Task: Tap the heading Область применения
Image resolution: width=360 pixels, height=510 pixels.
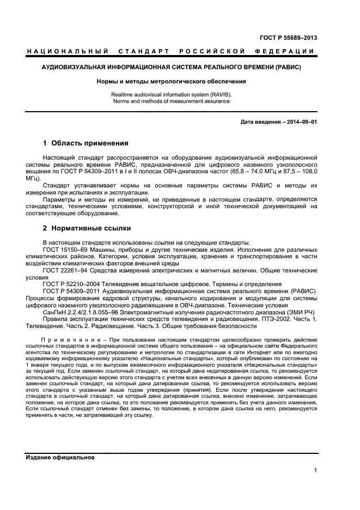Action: [89, 144]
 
